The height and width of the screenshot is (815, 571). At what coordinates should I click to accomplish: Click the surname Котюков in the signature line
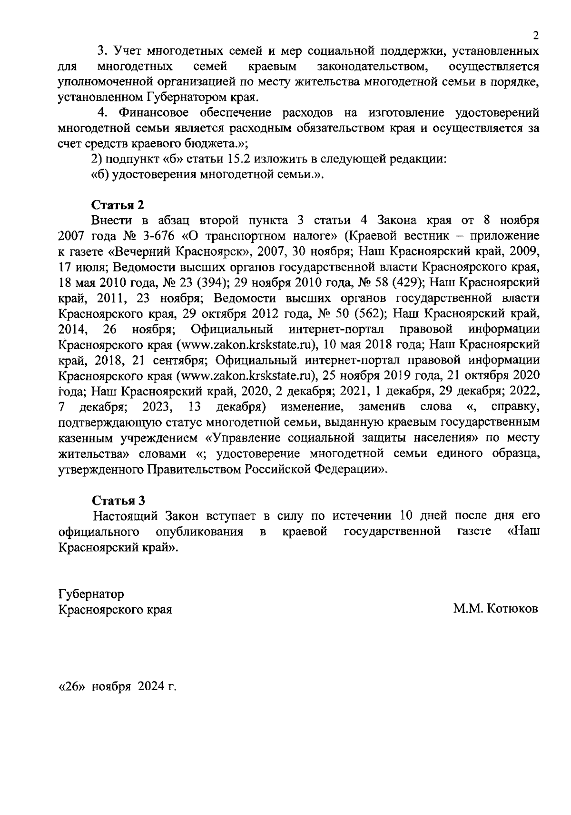513,609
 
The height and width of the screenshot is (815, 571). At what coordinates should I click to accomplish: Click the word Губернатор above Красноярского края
91,594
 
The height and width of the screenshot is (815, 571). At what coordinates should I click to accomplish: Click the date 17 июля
79,267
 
